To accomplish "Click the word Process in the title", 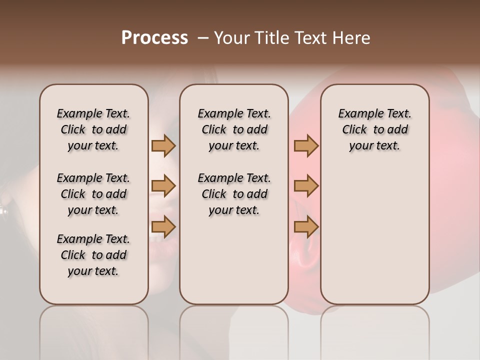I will (x=154, y=38).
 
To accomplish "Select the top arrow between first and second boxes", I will (x=163, y=145).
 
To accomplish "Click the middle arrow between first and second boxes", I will (x=163, y=186).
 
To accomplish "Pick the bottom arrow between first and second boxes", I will (x=163, y=227).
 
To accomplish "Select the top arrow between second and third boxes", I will (x=306, y=145).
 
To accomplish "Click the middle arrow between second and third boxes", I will (x=306, y=186).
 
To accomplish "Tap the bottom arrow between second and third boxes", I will (x=306, y=227).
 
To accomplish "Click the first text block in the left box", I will (x=93, y=129).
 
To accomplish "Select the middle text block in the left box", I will (x=93, y=194).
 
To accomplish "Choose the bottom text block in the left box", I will (x=93, y=255).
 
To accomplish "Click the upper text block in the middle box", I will (x=234, y=129).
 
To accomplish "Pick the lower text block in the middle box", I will (x=234, y=194).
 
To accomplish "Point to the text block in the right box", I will (x=374, y=129).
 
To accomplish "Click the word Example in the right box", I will (x=359, y=114).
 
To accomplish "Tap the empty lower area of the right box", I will (x=374, y=240).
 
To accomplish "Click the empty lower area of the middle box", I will (x=234, y=260).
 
